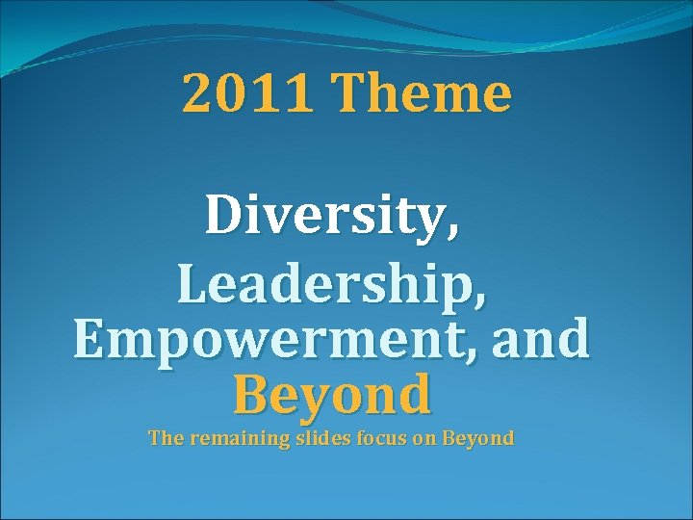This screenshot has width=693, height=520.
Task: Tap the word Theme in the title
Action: click(x=423, y=94)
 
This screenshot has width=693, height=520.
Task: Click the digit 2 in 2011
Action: click(x=196, y=94)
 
